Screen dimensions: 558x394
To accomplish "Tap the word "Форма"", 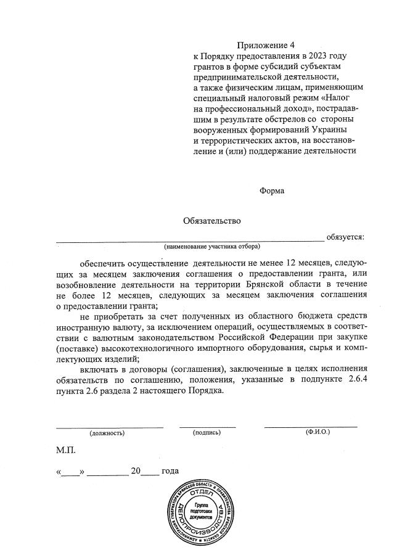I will [272, 191].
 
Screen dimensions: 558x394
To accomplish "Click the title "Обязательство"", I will [211, 220].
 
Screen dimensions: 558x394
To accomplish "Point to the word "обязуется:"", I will [345, 236].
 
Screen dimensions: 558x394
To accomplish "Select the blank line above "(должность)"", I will [110, 426].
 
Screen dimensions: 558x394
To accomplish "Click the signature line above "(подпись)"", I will [207, 426].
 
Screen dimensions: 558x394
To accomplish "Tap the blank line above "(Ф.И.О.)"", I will [310, 426].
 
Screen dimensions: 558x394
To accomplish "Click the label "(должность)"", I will [107, 433].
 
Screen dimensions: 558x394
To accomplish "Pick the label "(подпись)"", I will [207, 433].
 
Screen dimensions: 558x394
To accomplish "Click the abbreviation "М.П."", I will [65, 451].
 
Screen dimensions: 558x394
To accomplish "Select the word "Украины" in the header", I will [327, 130].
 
